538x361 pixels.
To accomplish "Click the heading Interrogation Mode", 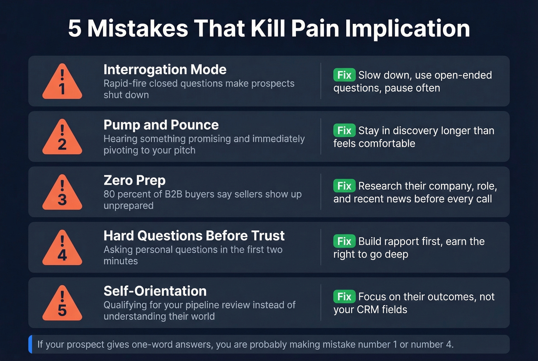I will [x=165, y=70].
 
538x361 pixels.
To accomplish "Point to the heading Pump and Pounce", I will [x=161, y=125].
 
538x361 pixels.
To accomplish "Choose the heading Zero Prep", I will [x=134, y=180].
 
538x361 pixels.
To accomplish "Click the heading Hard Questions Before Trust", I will [x=194, y=236].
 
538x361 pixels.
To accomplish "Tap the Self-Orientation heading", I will [x=155, y=291].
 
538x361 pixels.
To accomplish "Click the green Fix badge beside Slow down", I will [x=344, y=75].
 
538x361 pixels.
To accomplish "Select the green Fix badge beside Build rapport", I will [x=344, y=241].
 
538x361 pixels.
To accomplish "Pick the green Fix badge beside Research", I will [x=344, y=186].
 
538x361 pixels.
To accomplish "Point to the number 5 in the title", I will [x=75, y=28].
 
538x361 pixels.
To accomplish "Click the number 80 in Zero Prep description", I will [x=109, y=194].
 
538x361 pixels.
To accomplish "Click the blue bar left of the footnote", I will [x=30, y=344].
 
